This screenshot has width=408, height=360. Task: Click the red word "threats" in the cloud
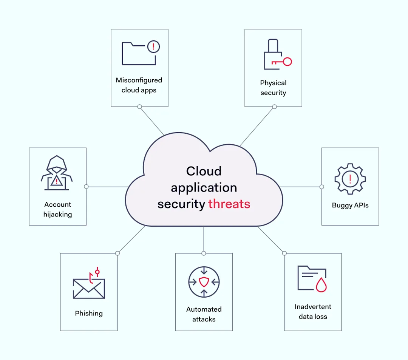(229, 204)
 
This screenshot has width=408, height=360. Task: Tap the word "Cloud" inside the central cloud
(204, 171)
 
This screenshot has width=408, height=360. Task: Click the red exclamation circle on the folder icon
(153, 47)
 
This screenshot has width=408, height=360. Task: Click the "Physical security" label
(273, 88)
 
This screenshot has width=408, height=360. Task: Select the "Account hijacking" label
(57, 209)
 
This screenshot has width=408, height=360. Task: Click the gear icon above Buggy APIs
(350, 179)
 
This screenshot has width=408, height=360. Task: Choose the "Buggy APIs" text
(350, 205)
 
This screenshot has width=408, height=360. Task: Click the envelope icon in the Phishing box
(89, 289)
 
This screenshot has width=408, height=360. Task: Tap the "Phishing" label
(89, 313)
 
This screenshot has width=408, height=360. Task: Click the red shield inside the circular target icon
(204, 282)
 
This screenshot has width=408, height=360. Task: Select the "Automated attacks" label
(204, 314)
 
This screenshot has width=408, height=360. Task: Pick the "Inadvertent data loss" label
(313, 312)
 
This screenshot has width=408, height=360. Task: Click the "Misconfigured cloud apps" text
(139, 85)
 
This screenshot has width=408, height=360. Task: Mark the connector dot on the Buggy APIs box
(321, 187)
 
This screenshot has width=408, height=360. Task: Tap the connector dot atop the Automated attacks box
(204, 253)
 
